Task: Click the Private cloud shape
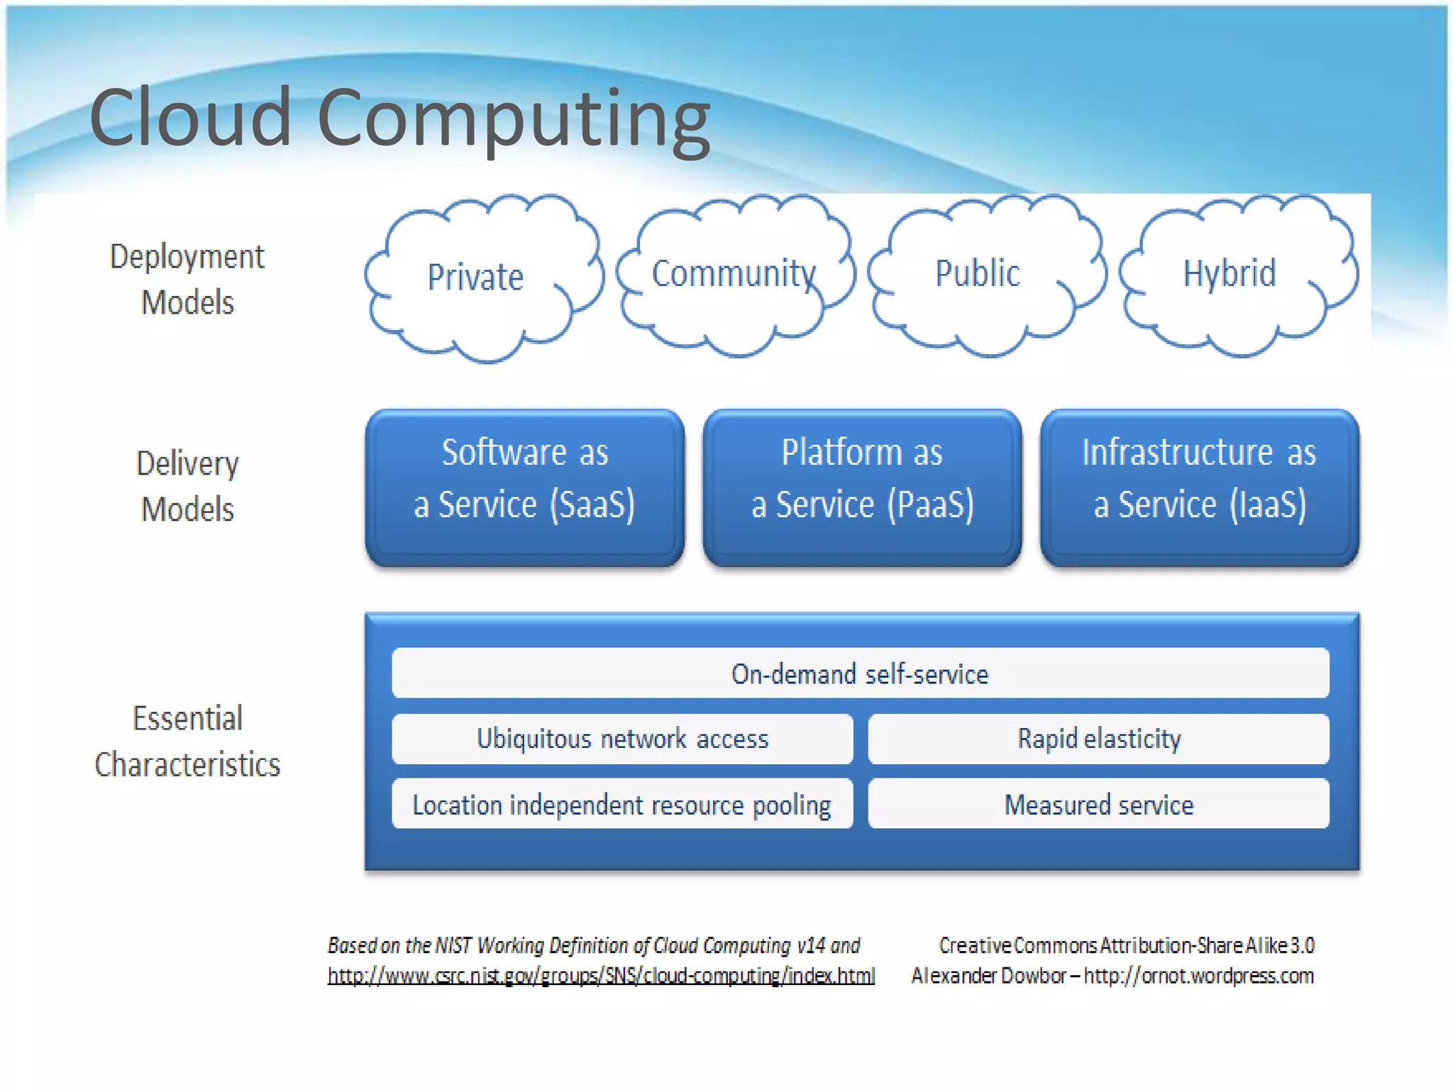(x=482, y=278)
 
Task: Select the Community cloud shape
(x=735, y=275)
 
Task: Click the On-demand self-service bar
(x=860, y=673)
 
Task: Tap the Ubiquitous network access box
(x=622, y=739)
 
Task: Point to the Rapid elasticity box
(x=1098, y=739)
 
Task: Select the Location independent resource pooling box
(x=622, y=804)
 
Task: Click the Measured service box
(x=1098, y=804)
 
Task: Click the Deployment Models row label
(x=187, y=279)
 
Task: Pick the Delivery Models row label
(x=187, y=486)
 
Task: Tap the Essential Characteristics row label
(x=187, y=741)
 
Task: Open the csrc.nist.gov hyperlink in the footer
(x=601, y=976)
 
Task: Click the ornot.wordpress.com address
(x=1199, y=976)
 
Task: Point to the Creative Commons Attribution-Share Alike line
(x=1127, y=945)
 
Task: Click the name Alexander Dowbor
(x=989, y=976)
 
